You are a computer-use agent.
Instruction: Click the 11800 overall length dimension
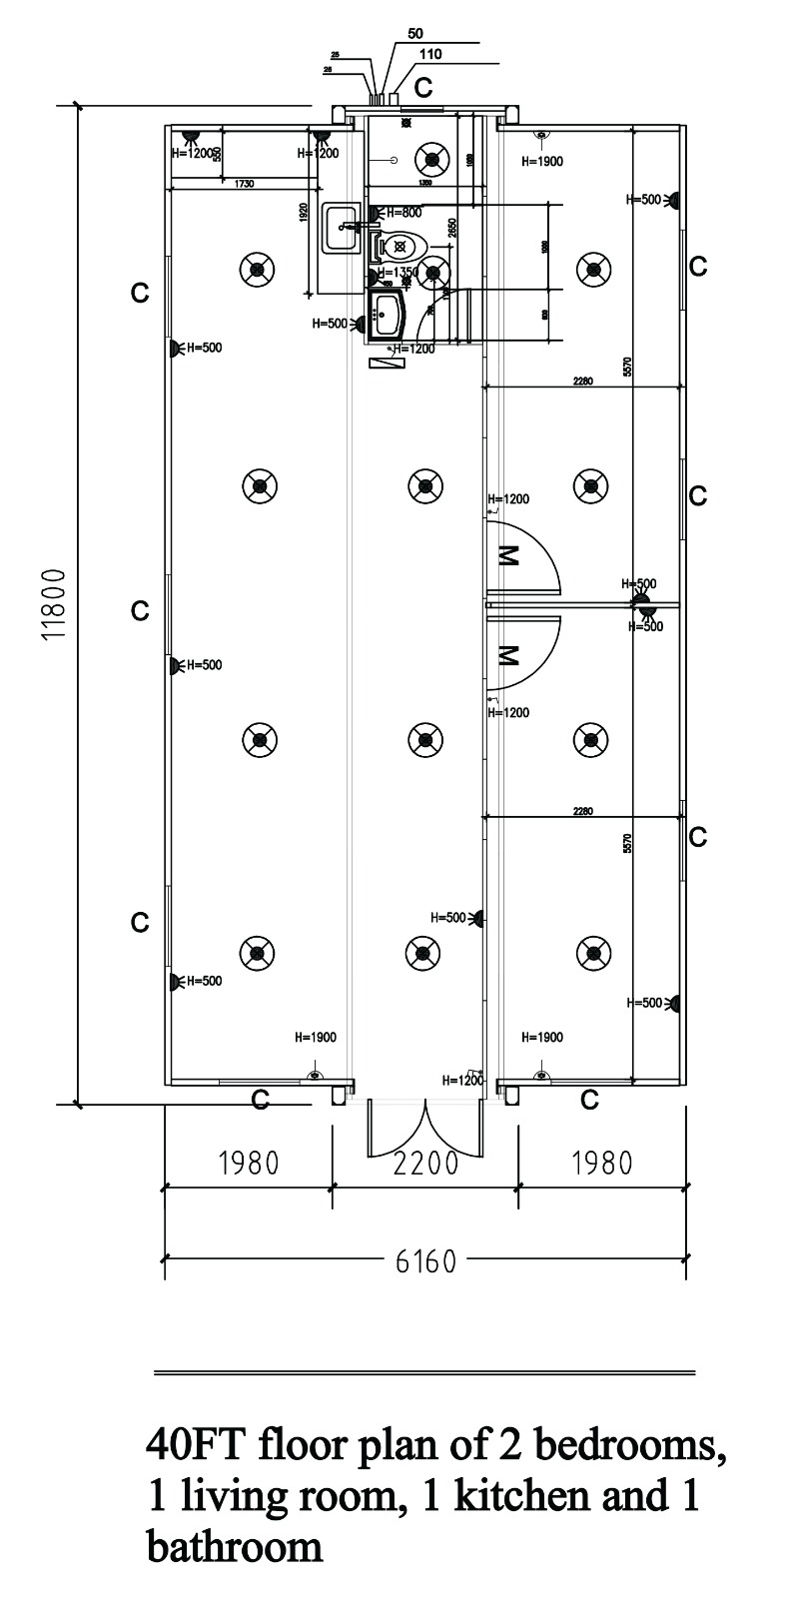pyautogui.click(x=55, y=605)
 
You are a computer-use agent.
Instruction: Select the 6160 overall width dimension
pyautogui.click(x=425, y=1260)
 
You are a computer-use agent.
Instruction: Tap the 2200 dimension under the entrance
pyautogui.click(x=425, y=1164)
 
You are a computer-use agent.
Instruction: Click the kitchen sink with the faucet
pyautogui.click(x=343, y=228)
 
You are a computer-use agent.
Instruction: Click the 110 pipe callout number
pyautogui.click(x=430, y=54)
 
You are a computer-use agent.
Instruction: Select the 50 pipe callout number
pyautogui.click(x=416, y=33)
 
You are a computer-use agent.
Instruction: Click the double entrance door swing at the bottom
pyautogui.click(x=425, y=1129)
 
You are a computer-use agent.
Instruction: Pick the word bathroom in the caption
pyautogui.click(x=235, y=1546)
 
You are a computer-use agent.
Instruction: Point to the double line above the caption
pyautogui.click(x=424, y=1373)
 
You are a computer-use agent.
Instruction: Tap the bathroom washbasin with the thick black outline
pyautogui.click(x=387, y=315)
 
